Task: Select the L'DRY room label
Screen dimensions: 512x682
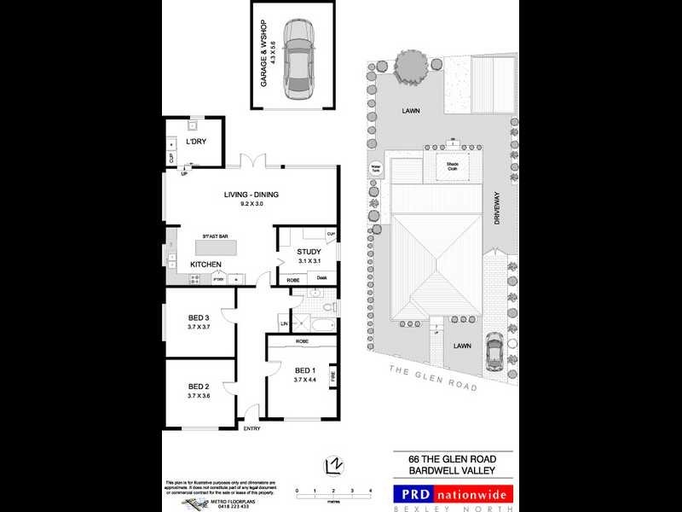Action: [197, 142]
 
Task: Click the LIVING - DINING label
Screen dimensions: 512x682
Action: [251, 195]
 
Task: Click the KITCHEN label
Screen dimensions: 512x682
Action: [206, 265]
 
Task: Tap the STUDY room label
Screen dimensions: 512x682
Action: [308, 252]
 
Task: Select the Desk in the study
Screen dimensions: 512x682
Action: [322, 277]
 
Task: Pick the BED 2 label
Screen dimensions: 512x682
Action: [198, 386]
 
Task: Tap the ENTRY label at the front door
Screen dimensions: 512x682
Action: [252, 429]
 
